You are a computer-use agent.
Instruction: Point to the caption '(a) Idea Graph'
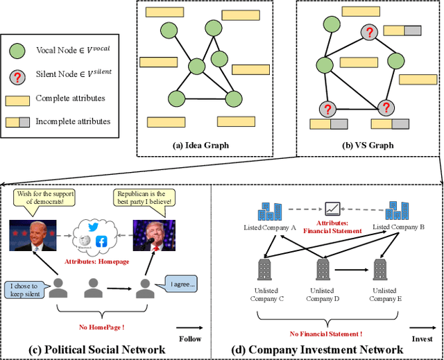[201, 145]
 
